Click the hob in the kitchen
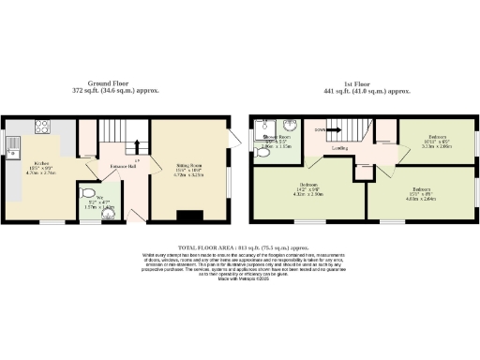pos(43,126)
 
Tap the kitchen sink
pos(12,145)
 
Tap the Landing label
pos(341,147)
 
